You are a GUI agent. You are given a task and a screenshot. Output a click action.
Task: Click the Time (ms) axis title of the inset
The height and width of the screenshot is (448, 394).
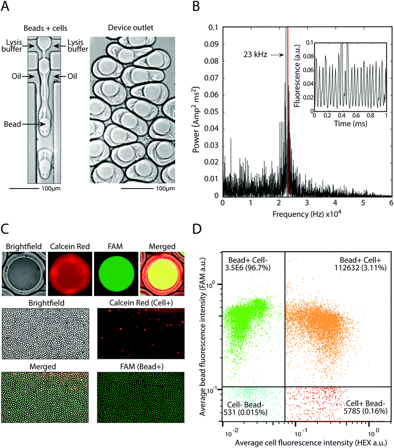350,123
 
